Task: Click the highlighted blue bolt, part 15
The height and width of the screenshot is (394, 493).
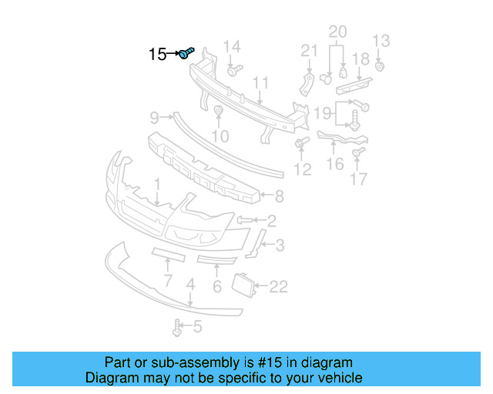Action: pos(187,53)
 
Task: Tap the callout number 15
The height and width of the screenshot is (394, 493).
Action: pos(158,55)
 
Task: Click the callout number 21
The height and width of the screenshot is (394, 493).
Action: pos(309,51)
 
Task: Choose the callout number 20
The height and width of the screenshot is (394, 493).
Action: pos(337,32)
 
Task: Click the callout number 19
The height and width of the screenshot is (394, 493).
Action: pos(322,114)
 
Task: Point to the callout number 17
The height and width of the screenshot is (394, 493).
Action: pos(359,180)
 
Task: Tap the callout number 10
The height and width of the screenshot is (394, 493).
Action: pos(220,136)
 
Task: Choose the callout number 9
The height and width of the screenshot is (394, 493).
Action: pos(154,117)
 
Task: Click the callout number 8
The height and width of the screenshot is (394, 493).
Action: pos(279,195)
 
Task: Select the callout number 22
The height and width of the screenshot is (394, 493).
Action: pos(278,287)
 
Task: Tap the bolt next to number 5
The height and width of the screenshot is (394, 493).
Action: pos(179,328)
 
